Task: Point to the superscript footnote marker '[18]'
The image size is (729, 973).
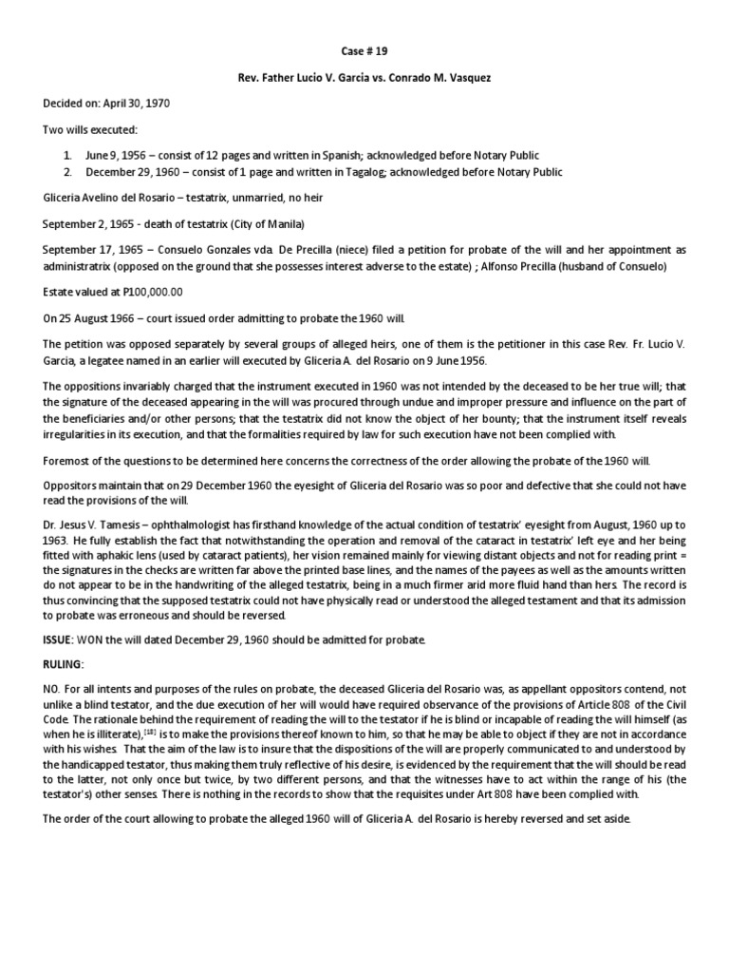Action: pos(175,733)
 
